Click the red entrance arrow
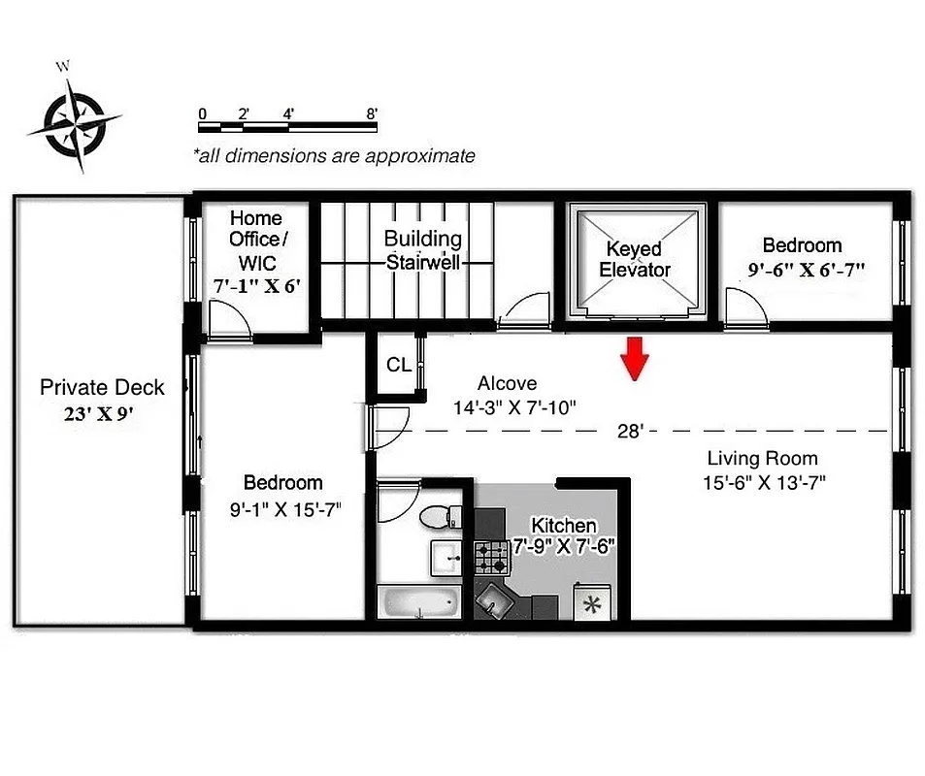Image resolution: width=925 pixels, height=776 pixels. coord(635,357)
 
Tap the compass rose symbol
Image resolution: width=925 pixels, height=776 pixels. coord(75,121)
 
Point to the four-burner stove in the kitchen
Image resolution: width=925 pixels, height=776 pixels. coord(491,558)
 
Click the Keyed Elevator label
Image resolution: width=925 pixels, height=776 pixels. coord(635,259)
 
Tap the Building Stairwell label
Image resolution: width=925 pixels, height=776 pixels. coord(422,249)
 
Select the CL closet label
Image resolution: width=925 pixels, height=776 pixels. coord(398,366)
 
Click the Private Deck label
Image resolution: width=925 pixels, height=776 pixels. coord(102,388)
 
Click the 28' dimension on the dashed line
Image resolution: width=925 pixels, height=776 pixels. coord(630,431)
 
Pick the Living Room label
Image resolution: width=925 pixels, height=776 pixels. coord(762,459)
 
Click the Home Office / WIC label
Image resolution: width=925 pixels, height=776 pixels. coord(255,241)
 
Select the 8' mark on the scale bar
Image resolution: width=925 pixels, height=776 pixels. coord(372,113)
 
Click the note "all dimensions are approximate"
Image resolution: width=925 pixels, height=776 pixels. coord(334,155)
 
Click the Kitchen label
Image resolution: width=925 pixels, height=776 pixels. coord(563,526)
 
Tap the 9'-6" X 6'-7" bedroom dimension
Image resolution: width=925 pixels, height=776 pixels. coord(807,271)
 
